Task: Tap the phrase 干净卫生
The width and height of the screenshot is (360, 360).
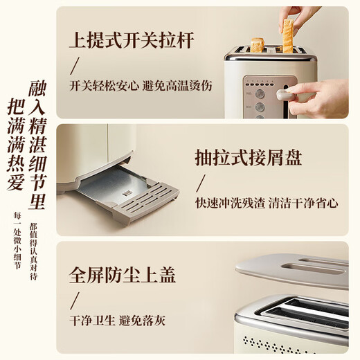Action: coord(92,321)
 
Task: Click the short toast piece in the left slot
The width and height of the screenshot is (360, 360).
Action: coord(258,44)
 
